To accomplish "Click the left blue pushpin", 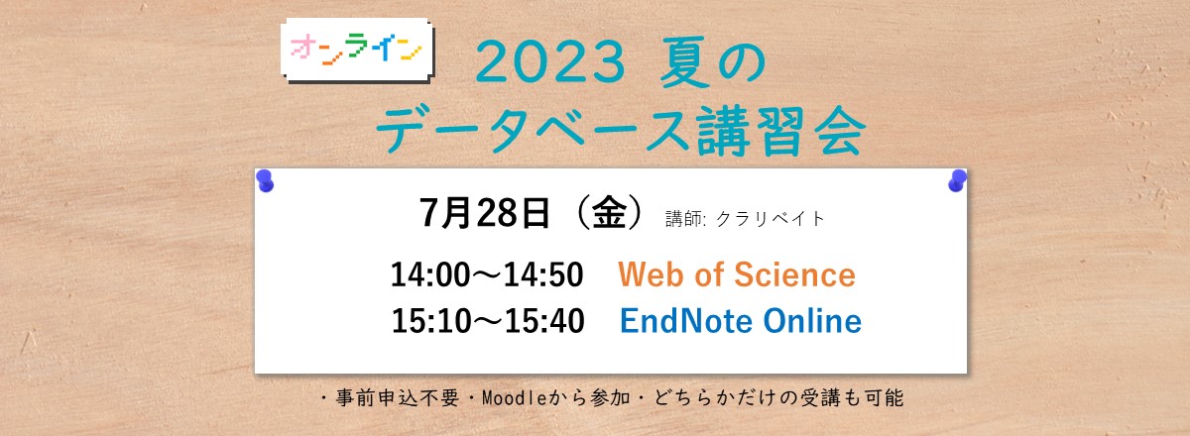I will (265, 180).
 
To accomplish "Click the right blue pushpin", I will (957, 180).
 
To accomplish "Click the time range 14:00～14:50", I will (487, 274).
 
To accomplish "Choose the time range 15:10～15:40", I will (487, 321).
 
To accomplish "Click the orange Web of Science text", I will (737, 274).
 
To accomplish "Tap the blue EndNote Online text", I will (740, 321).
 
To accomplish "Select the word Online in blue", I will (811, 321).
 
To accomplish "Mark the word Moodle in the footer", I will (511, 399).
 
